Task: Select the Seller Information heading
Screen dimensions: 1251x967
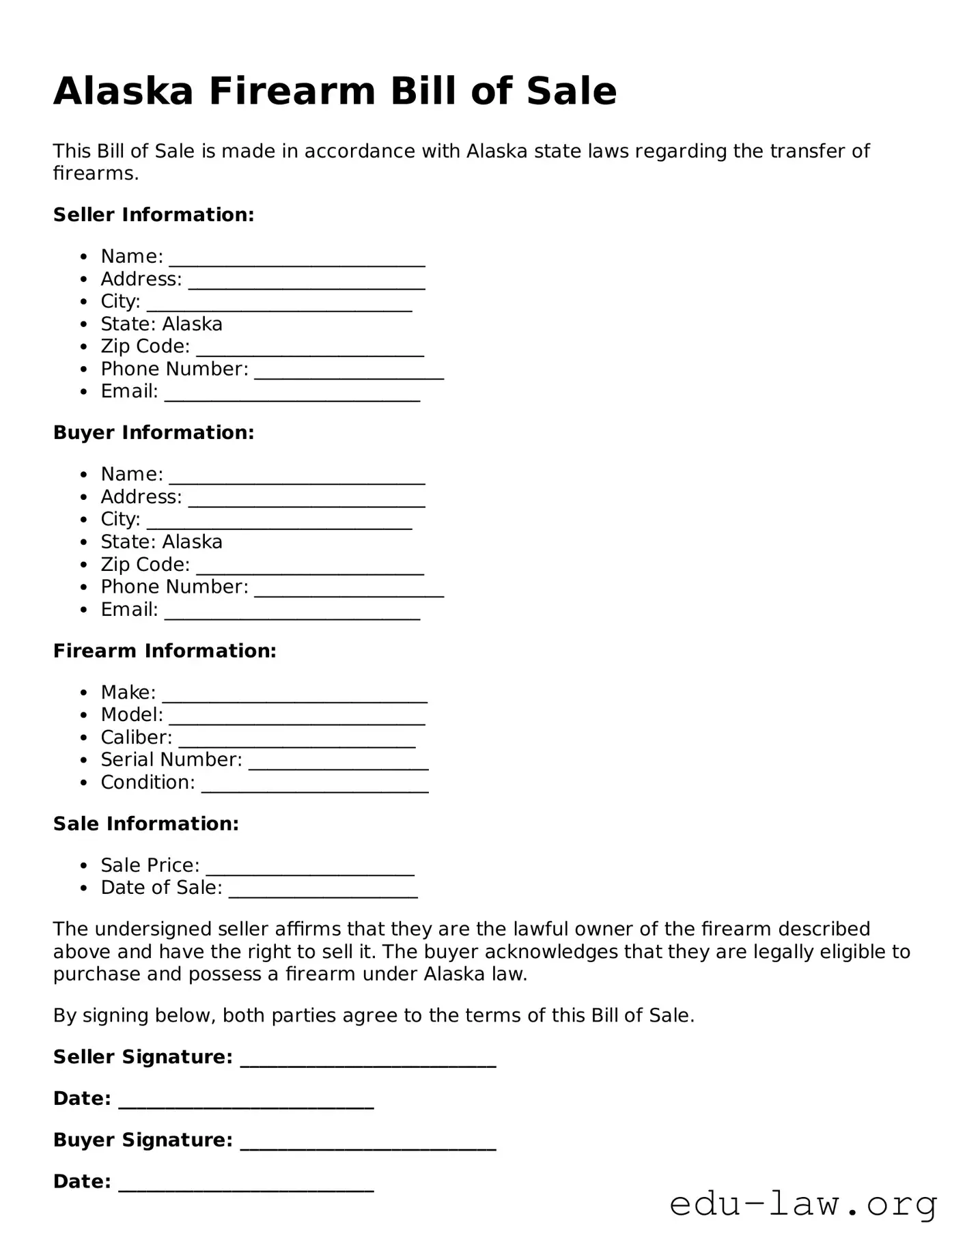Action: [154, 214]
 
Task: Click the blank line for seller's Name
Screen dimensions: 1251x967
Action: [297, 262]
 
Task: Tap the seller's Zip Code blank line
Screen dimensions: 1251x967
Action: [310, 352]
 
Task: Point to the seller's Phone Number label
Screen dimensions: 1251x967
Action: [174, 369]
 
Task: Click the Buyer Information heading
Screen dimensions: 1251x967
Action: [154, 432]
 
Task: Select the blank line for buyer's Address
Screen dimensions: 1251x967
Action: [307, 503]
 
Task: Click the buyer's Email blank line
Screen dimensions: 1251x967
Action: [292, 615]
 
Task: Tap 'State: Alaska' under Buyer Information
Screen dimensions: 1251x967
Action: [161, 542]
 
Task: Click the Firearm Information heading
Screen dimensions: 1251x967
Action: [165, 651]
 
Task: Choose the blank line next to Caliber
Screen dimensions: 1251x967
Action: [297, 743]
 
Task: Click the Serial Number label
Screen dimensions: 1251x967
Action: [171, 759]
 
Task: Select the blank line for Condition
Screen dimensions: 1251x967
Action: [315, 788]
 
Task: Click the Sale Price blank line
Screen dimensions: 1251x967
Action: [310, 871]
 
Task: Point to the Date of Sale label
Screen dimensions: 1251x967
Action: [161, 887]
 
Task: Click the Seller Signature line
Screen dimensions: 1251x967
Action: [368, 1063]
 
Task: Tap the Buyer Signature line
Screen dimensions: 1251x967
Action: [368, 1146]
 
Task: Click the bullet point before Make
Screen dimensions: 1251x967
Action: [83, 692]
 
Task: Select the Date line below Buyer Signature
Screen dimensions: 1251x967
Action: [246, 1187]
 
